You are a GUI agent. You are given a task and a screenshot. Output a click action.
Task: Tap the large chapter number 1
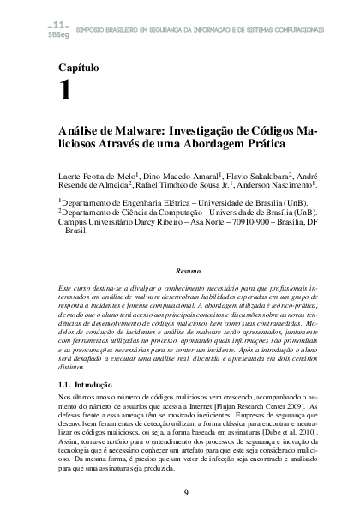tap(65, 92)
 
